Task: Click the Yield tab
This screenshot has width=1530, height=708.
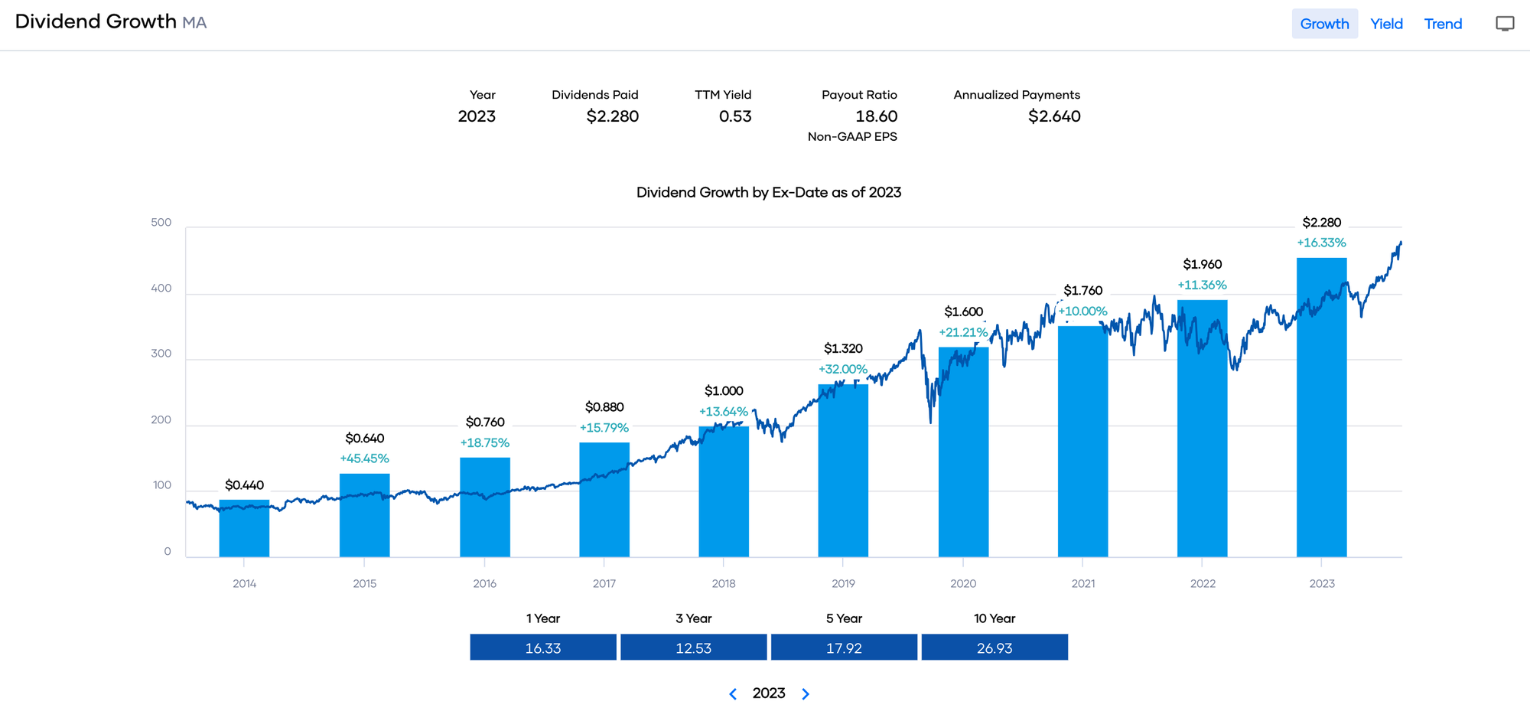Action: coord(1386,24)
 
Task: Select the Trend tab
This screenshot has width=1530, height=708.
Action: coord(1443,24)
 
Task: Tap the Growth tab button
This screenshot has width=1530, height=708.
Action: coord(1324,24)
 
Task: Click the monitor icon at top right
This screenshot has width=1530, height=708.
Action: coord(1504,24)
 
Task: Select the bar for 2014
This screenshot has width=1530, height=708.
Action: coord(244,528)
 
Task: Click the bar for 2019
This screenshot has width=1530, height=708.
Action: coord(843,471)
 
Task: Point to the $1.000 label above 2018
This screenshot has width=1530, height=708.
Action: coord(724,391)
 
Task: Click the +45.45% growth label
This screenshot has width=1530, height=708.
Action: coord(364,458)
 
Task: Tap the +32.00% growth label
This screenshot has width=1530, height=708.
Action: coord(843,369)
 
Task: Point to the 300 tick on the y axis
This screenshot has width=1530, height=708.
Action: coord(161,354)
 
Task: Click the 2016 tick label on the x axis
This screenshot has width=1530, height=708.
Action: coord(484,583)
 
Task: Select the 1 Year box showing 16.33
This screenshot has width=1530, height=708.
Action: coord(543,648)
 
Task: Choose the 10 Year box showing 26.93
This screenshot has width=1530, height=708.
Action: coord(994,648)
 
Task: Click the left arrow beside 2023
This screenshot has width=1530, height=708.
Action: coord(733,693)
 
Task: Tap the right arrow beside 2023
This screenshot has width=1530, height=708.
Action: coord(806,693)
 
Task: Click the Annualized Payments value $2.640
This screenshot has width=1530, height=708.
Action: coord(1054,116)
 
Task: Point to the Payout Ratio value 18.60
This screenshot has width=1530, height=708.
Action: coord(876,116)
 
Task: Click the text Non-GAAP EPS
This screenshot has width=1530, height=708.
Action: coord(852,137)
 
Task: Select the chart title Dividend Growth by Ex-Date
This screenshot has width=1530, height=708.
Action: coord(768,192)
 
